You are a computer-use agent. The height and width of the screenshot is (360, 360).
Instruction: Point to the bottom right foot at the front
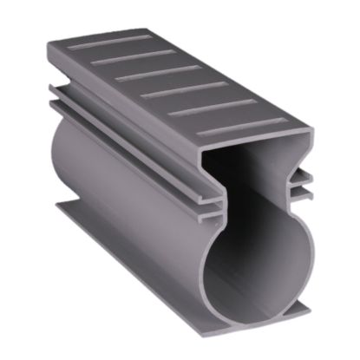coord(295,310)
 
